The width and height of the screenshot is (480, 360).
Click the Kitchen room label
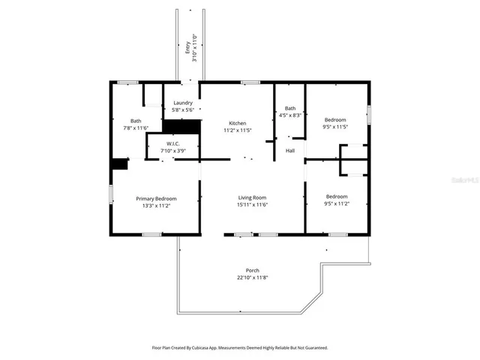click(x=237, y=123)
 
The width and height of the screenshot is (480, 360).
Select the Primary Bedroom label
click(x=156, y=199)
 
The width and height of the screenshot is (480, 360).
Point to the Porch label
click(x=253, y=270)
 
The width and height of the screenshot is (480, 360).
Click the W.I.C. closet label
click(x=172, y=144)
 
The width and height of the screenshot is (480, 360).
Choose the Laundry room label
click(x=183, y=103)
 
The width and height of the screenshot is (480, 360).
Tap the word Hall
click(x=289, y=151)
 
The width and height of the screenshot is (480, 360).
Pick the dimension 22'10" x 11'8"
click(x=253, y=277)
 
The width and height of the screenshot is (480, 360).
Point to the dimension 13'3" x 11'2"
click(x=156, y=206)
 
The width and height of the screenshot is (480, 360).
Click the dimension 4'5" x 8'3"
click(x=289, y=115)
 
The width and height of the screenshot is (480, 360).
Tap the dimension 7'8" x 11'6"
click(x=136, y=127)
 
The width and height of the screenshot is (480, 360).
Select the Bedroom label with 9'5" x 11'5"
click(x=335, y=120)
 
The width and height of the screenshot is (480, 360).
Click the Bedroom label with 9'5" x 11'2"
click(x=336, y=196)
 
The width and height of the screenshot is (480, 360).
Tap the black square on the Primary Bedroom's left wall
click(x=118, y=165)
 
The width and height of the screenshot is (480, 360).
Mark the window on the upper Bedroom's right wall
click(x=368, y=115)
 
